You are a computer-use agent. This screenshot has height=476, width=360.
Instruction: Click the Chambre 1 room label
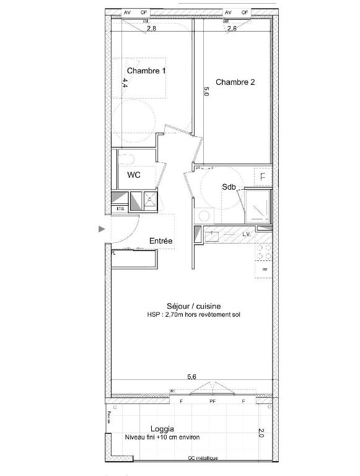coord(146,71)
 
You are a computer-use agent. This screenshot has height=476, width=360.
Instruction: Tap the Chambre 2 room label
coord(235,82)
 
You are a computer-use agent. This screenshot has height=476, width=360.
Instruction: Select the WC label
coord(134,175)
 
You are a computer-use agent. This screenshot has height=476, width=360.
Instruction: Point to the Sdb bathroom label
coord(229,188)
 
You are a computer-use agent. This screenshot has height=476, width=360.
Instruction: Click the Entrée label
coord(160,240)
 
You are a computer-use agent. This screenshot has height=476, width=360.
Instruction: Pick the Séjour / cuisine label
coord(194,306)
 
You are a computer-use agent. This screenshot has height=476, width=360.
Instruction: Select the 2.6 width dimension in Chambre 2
coord(232,29)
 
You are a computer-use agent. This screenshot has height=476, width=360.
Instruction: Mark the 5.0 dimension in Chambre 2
coord(207,93)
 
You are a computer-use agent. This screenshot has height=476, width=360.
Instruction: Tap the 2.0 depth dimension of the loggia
coord(260,433)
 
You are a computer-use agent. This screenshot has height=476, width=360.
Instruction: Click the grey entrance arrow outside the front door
coord(102,229)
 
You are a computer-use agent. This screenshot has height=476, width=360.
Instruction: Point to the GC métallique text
coord(203,458)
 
